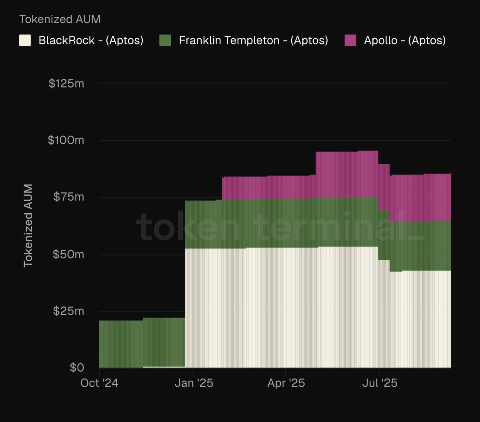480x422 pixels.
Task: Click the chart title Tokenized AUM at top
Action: (60, 19)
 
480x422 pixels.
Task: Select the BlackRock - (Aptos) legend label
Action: (91, 40)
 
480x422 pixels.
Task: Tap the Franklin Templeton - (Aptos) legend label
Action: (253, 40)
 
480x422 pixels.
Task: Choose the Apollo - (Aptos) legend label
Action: (404, 40)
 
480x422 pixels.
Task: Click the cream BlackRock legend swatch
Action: (25, 40)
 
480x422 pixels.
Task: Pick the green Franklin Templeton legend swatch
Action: (165, 40)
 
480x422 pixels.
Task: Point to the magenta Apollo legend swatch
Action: (350, 40)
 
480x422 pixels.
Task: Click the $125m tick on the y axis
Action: (66, 84)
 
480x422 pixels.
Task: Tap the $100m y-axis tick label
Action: (66, 140)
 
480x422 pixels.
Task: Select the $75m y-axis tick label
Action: (69, 197)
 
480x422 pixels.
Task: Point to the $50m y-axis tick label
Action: (69, 254)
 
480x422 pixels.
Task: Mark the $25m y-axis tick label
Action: (69, 311)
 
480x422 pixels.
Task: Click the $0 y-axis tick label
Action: (77, 368)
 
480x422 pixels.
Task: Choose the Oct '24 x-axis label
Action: (99, 383)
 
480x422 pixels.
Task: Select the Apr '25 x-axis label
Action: (286, 383)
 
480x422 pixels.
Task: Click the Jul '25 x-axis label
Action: (380, 383)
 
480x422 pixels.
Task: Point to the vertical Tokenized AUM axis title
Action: (28, 226)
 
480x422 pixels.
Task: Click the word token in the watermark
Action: (188, 227)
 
